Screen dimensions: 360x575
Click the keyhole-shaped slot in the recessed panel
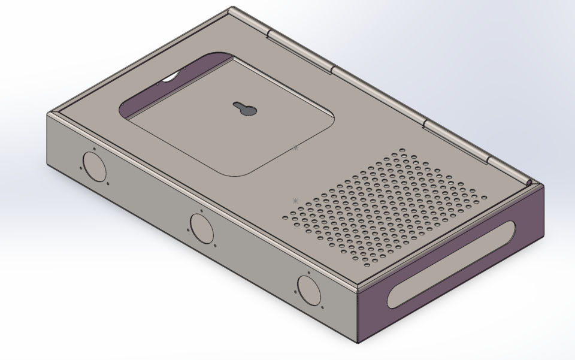245,110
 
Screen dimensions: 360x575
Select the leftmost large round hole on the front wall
94,167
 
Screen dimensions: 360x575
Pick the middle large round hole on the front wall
202,228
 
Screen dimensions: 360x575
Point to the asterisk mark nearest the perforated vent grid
295,201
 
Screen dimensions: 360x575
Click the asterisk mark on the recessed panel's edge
295,147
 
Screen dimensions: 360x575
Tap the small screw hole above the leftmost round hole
94,149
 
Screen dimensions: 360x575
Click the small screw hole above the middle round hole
202,211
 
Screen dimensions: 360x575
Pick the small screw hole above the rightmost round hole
309,273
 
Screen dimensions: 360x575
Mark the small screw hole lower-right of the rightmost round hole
323,308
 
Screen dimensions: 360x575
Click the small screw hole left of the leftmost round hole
81,168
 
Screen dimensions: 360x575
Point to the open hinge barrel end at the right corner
530,182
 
